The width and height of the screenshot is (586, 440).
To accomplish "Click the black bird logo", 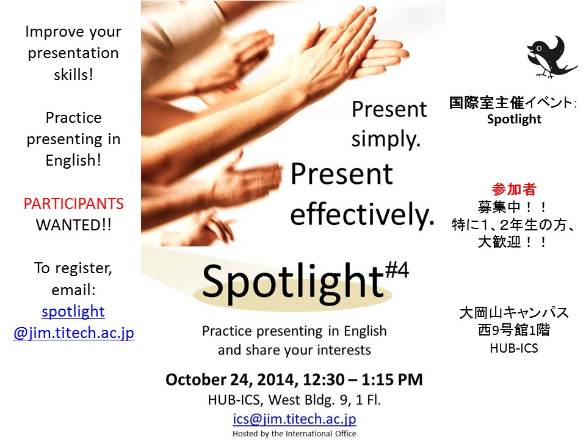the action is tap(549, 57).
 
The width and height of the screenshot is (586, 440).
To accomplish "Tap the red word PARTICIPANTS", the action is tap(74, 204).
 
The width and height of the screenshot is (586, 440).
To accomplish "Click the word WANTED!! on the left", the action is tap(74, 226).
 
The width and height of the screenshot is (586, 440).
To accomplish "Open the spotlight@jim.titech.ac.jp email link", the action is tap(74, 322).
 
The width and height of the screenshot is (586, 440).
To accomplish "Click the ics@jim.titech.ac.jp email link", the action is tap(294, 419).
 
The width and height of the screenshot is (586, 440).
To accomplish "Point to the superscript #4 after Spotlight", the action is tap(397, 270).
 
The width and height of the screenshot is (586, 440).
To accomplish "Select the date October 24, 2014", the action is tap(232, 380).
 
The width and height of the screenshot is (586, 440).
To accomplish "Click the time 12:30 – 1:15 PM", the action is tap(363, 380).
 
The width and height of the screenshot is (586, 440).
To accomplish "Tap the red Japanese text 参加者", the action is tap(514, 189).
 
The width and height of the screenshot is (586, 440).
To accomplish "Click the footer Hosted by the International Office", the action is tap(294, 434).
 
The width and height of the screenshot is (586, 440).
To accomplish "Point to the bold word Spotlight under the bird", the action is tap(514, 119).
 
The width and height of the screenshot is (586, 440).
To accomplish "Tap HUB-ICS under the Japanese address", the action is tap(514, 348).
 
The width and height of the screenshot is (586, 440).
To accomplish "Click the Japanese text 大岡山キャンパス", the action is tap(514, 313).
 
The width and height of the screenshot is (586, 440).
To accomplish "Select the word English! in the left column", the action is tap(74, 161).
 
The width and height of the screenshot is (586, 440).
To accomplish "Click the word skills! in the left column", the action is tap(74, 75).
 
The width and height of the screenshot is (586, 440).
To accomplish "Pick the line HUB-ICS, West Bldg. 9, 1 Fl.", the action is tap(294, 400).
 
